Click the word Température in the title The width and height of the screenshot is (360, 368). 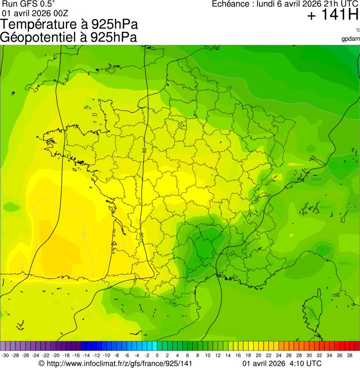coord(36,24)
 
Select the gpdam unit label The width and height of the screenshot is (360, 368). coord(351,38)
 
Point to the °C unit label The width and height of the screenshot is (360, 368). coord(357,30)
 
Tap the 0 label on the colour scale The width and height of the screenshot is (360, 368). coord(157,355)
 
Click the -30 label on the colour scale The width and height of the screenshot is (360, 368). coord(5,355)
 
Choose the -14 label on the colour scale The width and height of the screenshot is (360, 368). coord(86,355)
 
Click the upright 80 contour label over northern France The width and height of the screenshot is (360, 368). coord(145,151)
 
